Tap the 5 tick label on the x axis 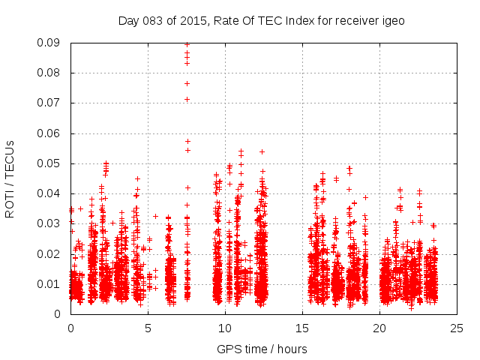pyautogui.click(x=148, y=328)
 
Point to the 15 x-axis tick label pyautogui.click(x=302, y=328)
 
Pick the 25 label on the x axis pyautogui.click(x=457, y=328)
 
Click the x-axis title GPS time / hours pyautogui.click(x=263, y=349)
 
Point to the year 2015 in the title pyautogui.click(x=193, y=20)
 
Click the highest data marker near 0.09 pyautogui.click(x=187, y=44)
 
